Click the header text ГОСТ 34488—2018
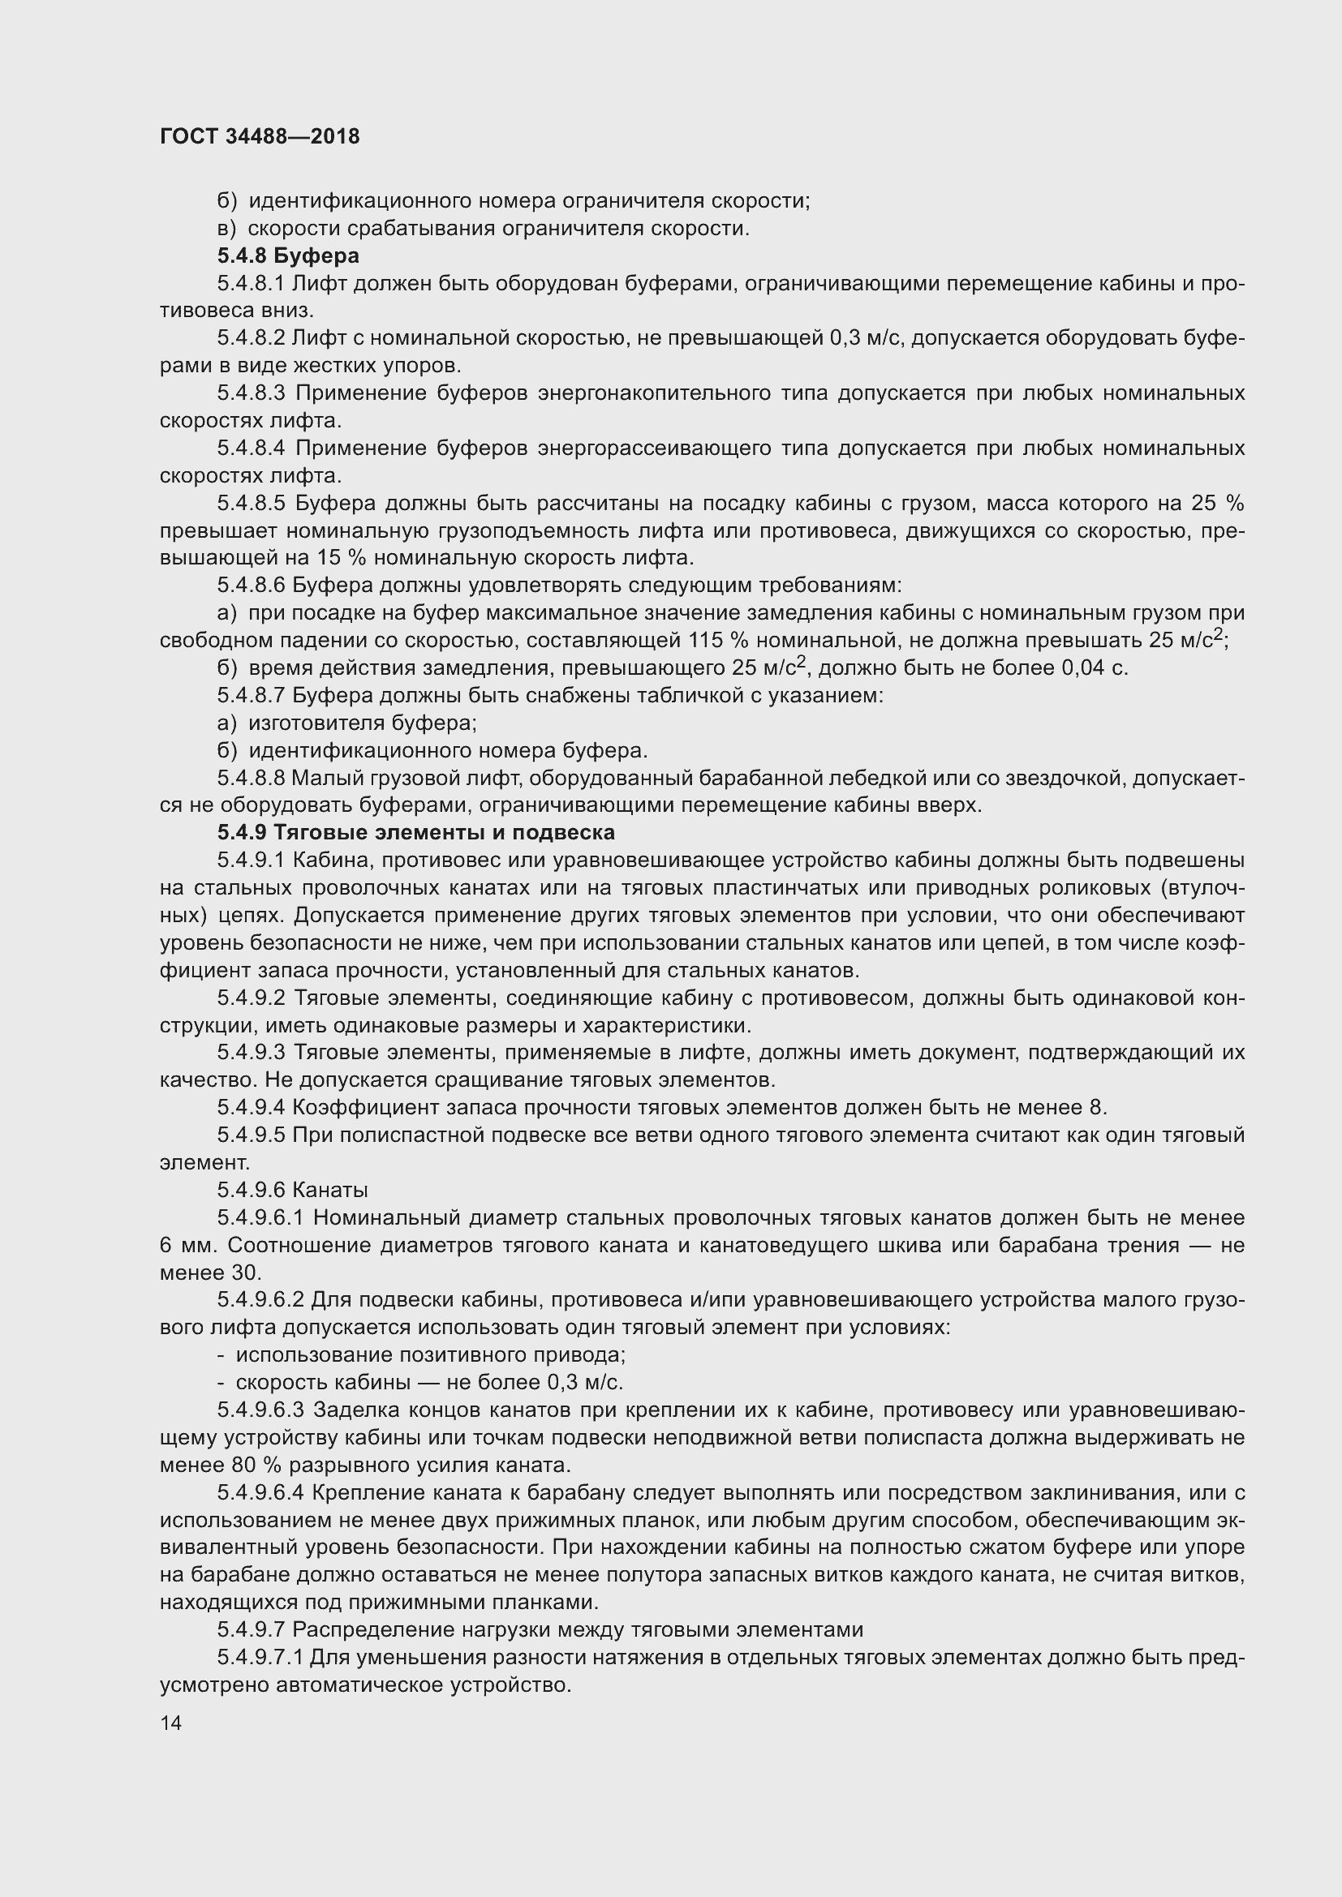pyautogui.click(x=260, y=136)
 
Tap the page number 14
pyautogui.click(x=171, y=1723)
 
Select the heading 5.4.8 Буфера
pyautogui.click(x=287, y=255)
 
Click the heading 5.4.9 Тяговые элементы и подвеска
pyautogui.click(x=415, y=832)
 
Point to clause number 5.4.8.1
pyautogui.click(x=251, y=283)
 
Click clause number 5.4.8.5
pyautogui.click(x=251, y=503)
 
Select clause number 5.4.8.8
pyautogui.click(x=251, y=778)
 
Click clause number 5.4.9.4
pyautogui.click(x=251, y=1107)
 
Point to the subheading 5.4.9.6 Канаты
pyautogui.click(x=293, y=1190)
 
